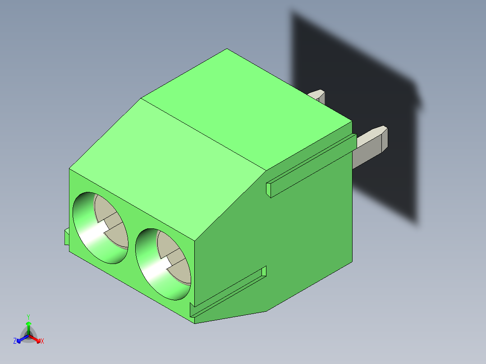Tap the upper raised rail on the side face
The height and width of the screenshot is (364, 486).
[309, 165]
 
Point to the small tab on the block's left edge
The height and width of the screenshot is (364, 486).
[67, 237]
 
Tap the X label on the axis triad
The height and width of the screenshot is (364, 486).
[42, 341]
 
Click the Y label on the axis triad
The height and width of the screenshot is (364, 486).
[28, 317]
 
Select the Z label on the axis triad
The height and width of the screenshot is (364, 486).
[15, 341]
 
